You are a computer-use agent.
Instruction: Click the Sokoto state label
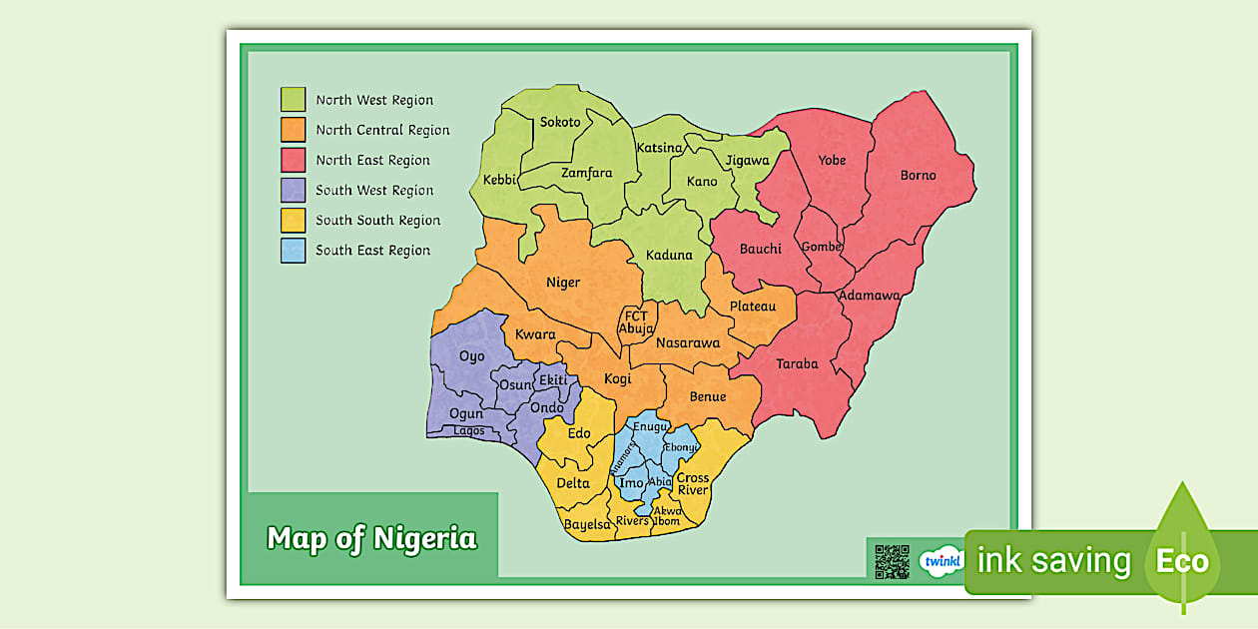560,122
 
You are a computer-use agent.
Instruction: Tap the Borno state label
918,175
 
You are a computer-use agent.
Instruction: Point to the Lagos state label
468,431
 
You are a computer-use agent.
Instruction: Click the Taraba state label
797,364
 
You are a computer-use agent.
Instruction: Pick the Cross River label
692,484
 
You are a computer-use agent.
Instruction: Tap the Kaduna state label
668,255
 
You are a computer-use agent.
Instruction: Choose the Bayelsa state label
586,524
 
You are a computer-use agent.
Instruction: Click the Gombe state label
821,247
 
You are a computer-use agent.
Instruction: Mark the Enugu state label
650,426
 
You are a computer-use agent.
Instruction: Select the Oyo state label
471,356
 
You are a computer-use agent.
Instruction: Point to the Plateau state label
752,307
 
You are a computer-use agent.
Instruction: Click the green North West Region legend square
293,100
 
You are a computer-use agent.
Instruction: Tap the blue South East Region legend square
293,251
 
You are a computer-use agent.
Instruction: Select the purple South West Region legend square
293,190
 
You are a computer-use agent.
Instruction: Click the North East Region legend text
372,160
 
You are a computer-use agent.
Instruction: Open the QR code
892,561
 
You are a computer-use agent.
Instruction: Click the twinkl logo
941,561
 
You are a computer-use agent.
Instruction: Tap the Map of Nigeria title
371,539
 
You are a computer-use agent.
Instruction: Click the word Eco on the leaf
1182,561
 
